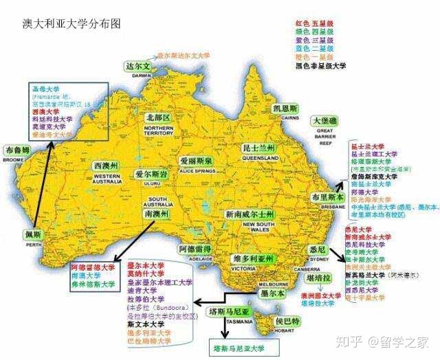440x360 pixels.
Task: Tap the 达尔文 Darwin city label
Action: tap(137, 67)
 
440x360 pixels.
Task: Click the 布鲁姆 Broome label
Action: tap(18, 150)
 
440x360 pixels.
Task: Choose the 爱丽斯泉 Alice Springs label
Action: tap(197, 161)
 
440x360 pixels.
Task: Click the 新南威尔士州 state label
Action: tap(257, 215)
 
